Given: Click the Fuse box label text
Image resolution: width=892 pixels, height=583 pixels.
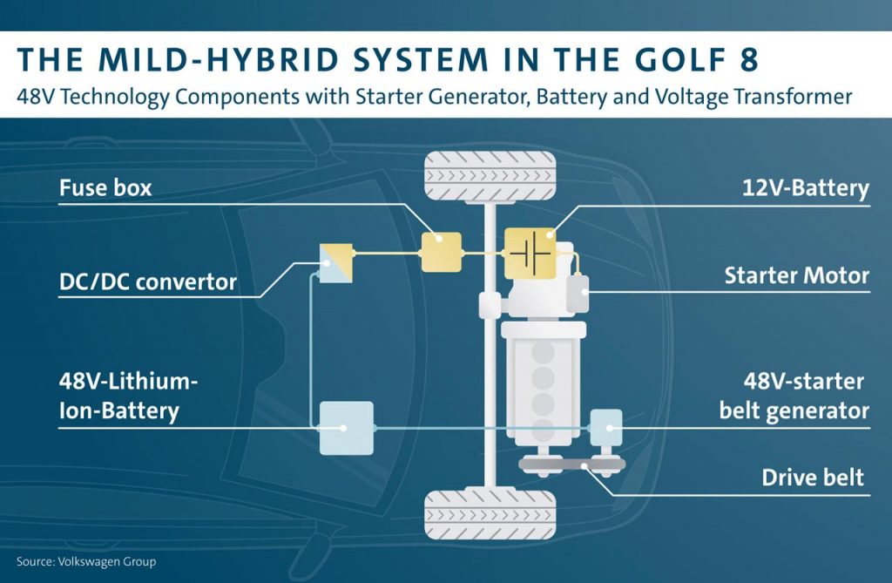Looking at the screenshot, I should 105,187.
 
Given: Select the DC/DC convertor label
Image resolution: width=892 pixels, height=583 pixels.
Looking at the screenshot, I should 147,281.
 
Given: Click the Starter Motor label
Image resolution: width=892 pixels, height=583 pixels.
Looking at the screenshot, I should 796,275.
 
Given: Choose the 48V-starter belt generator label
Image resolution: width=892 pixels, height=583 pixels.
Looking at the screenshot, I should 794,396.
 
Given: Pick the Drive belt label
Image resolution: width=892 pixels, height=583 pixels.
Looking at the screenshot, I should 813,477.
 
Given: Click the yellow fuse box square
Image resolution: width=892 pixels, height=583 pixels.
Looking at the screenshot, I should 442,253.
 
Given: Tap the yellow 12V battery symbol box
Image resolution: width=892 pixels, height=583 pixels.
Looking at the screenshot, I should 530,253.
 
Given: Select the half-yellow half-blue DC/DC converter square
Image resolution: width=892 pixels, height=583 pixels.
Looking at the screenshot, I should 336,262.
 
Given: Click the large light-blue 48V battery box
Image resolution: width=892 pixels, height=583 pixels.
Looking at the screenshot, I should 346,428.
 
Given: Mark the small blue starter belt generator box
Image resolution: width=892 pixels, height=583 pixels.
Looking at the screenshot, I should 606,427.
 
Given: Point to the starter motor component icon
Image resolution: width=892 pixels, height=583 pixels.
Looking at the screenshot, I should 578,294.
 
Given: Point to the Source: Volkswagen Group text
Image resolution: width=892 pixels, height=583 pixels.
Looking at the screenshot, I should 86,562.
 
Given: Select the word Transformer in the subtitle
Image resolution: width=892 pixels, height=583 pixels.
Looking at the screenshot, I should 787,97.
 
